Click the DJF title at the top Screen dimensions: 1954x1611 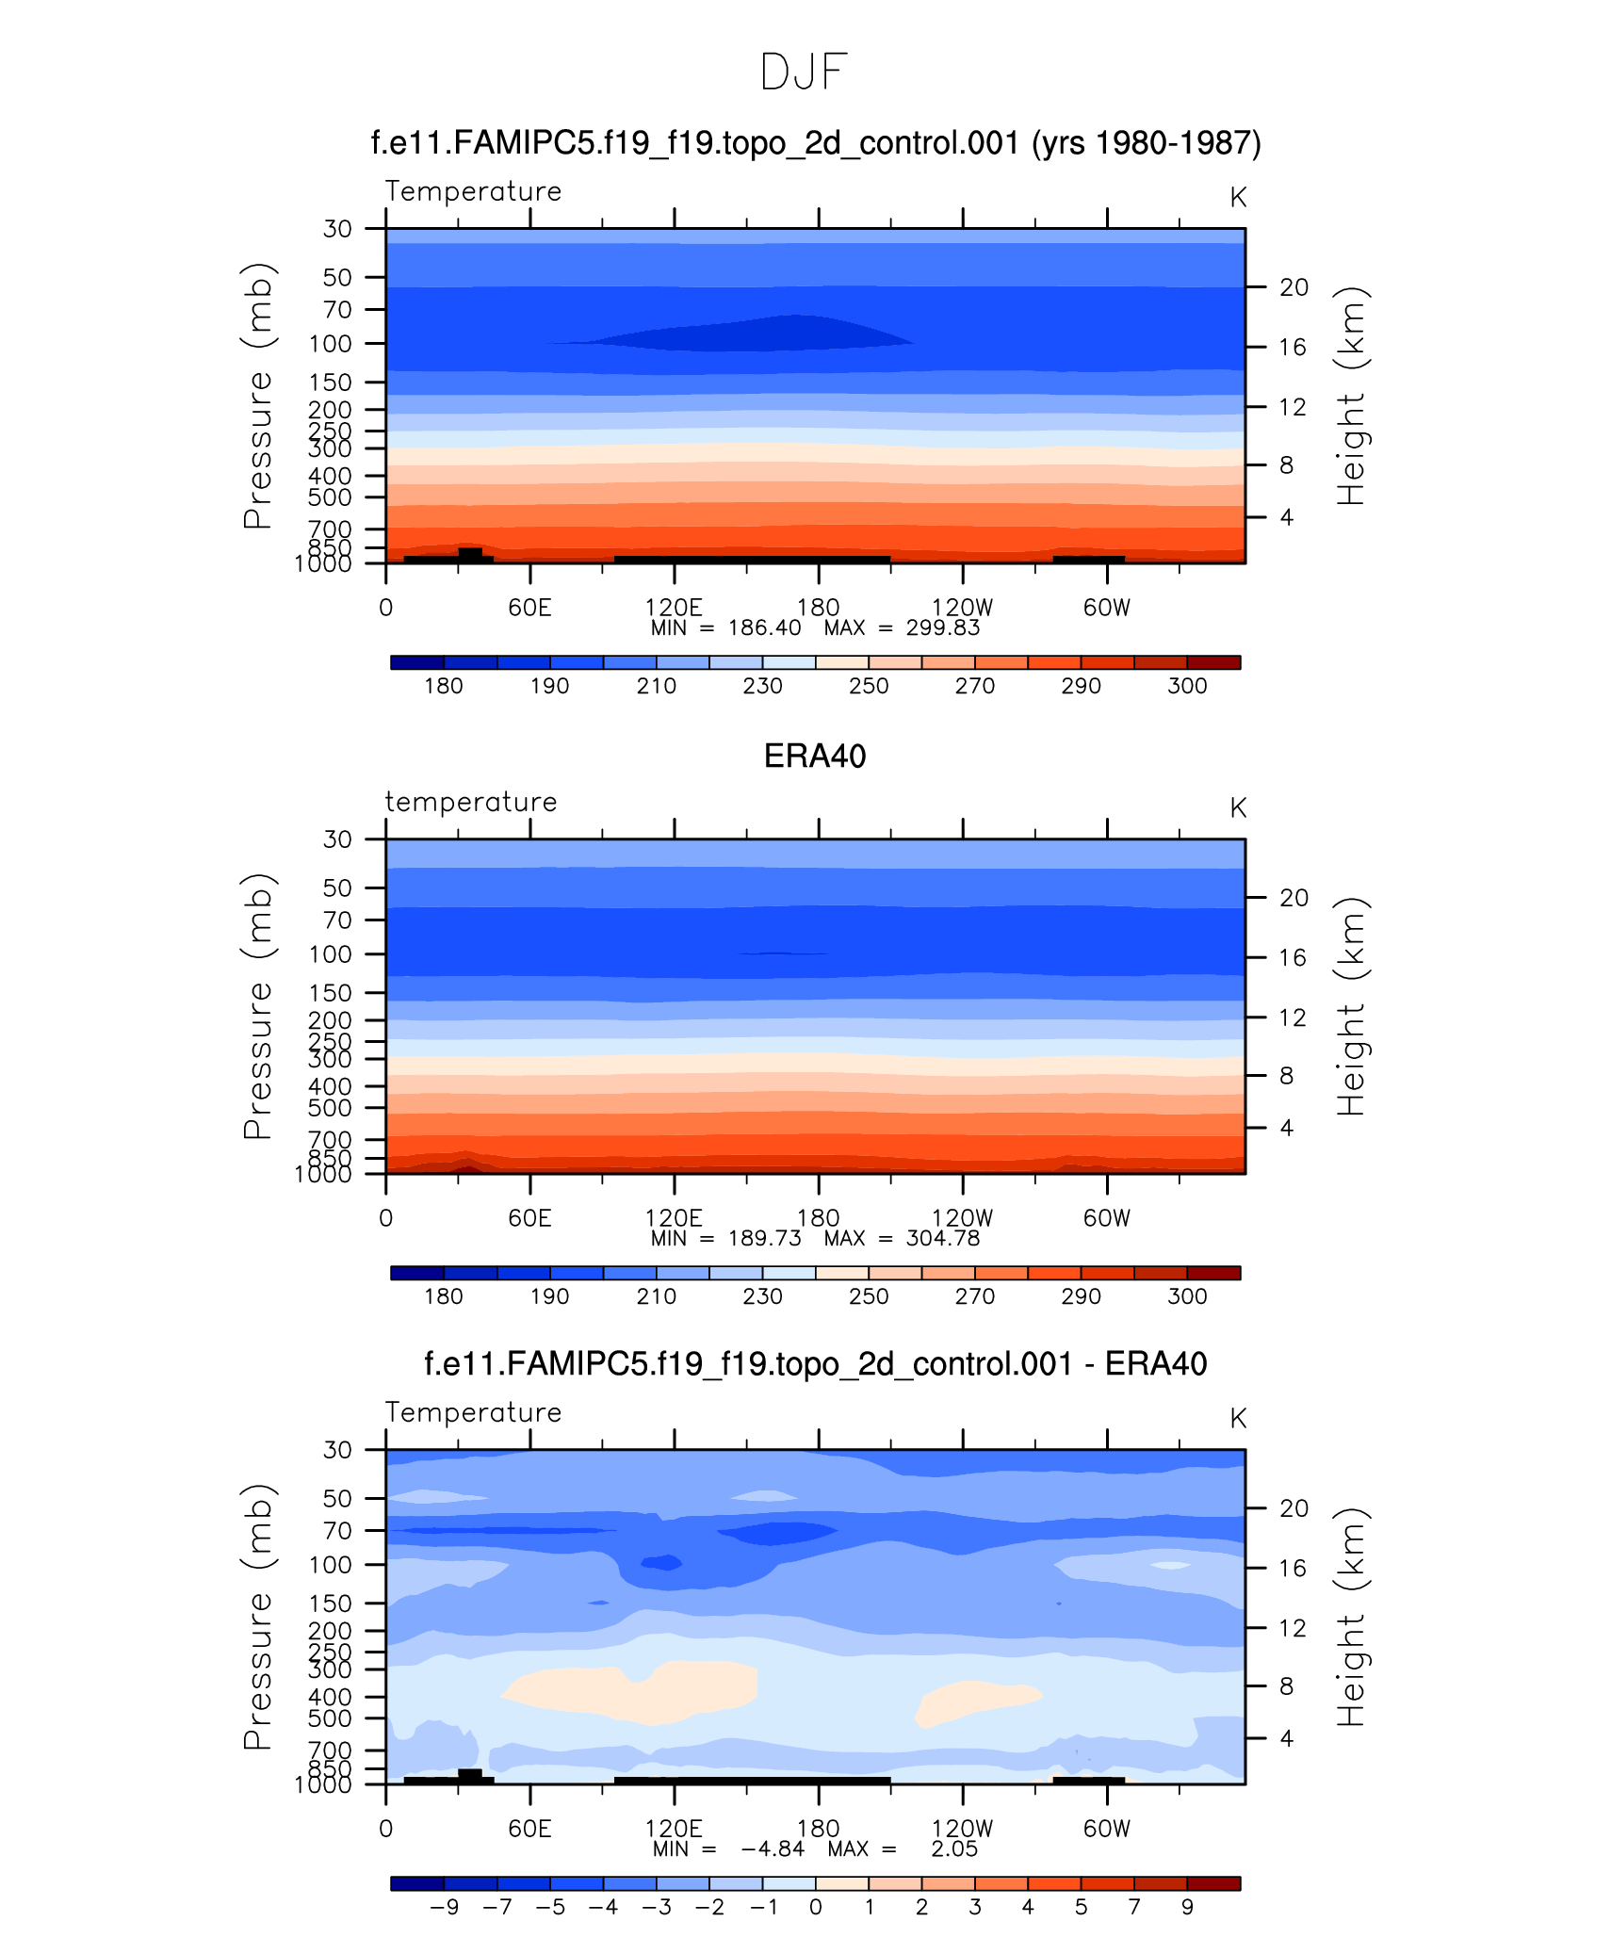pyautogui.click(x=804, y=73)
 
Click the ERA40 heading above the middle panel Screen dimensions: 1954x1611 pyautogui.click(x=814, y=757)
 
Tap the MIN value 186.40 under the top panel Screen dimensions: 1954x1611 pyautogui.click(x=764, y=628)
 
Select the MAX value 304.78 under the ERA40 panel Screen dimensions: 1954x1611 pyautogui.click(x=942, y=1239)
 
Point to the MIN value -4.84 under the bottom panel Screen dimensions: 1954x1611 pyautogui.click(x=773, y=1849)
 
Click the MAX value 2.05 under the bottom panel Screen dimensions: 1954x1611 pyautogui.click(x=954, y=1849)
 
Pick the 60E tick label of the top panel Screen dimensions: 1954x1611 pyautogui.click(x=529, y=608)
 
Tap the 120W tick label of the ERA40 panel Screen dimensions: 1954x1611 pyautogui.click(x=962, y=1218)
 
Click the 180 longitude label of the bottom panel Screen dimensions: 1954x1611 pyautogui.click(x=818, y=1829)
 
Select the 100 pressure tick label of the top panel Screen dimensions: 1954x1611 pyautogui.click(x=330, y=344)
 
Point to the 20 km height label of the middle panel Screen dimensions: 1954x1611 pyautogui.click(x=1294, y=898)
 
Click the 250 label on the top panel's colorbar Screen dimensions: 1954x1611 pyautogui.click(x=868, y=686)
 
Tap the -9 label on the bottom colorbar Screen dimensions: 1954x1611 pyautogui.click(x=444, y=1907)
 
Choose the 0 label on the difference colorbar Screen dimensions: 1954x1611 pyautogui.click(x=815, y=1907)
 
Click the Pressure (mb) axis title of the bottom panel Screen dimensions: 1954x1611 pyautogui.click(x=257, y=1617)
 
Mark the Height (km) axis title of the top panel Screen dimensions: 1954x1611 pyautogui.click(x=1351, y=396)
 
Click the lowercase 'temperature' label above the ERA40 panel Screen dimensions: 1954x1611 pyautogui.click(x=471, y=802)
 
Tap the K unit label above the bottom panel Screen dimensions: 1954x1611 pyautogui.click(x=1238, y=1419)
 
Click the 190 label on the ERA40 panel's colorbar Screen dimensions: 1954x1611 pyautogui.click(x=549, y=1296)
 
